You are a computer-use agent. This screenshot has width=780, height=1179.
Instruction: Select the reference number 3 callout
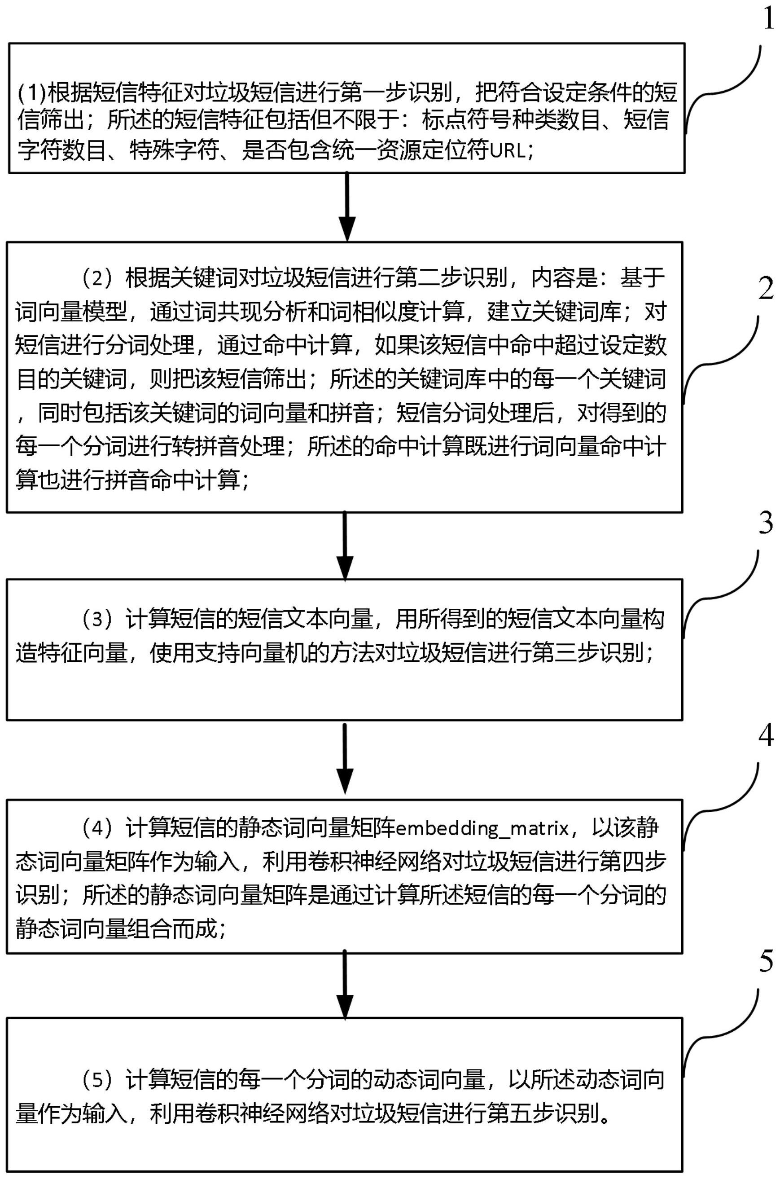pyautogui.click(x=767, y=523)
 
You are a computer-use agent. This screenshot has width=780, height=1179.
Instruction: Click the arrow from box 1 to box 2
pyautogui.click(x=347, y=207)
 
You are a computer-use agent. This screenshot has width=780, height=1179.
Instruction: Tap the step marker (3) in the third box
pyautogui.click(x=98, y=620)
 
